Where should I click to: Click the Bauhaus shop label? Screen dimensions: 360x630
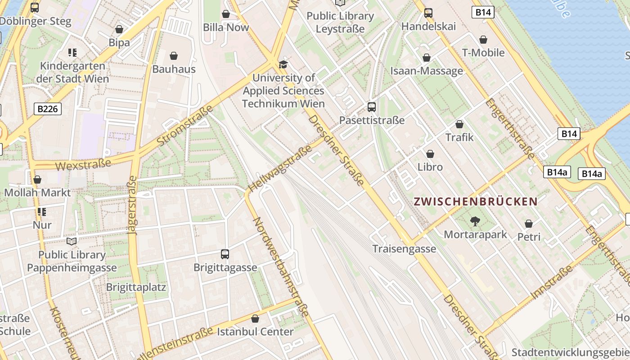point(174,69)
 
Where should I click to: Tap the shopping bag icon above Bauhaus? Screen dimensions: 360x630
point(174,56)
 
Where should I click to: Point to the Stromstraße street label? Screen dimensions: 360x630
point(185,126)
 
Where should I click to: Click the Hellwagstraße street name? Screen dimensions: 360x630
point(280,168)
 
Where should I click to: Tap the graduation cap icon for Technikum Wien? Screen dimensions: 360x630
point(283,64)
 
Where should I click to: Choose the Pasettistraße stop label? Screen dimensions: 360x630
point(372,120)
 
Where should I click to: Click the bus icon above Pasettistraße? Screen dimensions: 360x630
point(372,107)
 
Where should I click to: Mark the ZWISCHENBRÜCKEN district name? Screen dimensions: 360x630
point(476,202)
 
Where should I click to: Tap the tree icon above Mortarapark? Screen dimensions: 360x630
point(475,221)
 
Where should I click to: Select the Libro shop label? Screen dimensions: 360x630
point(430,167)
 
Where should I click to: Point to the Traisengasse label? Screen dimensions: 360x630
point(404,249)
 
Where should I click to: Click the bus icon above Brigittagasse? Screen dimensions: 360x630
point(225,254)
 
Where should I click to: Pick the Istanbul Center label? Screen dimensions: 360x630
point(255,332)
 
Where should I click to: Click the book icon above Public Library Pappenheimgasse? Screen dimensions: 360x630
point(72,241)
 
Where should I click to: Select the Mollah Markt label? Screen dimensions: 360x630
point(37,193)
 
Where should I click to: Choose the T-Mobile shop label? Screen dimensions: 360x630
point(483,53)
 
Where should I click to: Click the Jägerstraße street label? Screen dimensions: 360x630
point(132,206)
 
